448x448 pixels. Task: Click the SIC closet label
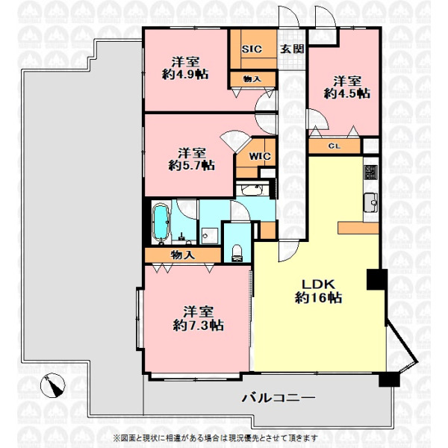[252, 49]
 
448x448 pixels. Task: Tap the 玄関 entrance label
[291, 49]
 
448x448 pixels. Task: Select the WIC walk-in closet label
[260, 156]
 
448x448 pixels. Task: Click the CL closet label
[334, 146]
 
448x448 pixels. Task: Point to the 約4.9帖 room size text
[185, 75]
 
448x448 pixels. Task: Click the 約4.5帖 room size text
[347, 94]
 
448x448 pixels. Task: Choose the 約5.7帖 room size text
[191, 166]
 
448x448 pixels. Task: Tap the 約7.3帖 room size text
[198, 326]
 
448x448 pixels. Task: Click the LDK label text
[319, 284]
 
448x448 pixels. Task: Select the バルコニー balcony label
[279, 398]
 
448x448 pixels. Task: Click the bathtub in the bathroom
[161, 223]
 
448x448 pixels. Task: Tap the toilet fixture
[237, 253]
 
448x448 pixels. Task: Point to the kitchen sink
[370, 202]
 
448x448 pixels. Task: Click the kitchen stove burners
[370, 172]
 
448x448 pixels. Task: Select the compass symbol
[53, 385]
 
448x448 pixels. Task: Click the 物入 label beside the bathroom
[183, 255]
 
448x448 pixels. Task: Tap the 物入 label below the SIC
[252, 79]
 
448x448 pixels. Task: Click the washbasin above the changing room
[252, 189]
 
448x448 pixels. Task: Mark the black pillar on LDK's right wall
[377, 279]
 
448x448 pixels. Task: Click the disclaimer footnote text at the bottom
[216, 438]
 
